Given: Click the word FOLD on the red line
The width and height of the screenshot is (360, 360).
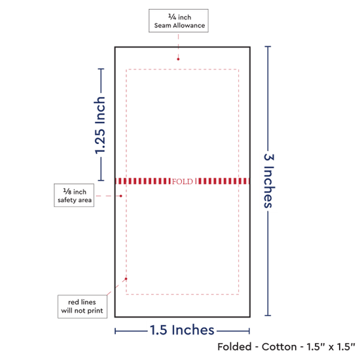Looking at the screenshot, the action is click(x=183, y=181).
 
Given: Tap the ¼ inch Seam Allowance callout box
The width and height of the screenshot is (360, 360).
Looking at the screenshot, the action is click(x=179, y=21).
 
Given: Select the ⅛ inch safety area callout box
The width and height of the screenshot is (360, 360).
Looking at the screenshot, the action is click(x=74, y=195).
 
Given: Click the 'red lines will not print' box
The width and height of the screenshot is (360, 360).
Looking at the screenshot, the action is click(x=82, y=306).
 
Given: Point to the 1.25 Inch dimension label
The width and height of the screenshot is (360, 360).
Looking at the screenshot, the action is click(x=100, y=125).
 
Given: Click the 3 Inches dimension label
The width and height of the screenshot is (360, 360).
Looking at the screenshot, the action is click(x=269, y=181).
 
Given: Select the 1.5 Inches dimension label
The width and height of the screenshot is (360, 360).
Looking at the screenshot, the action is click(x=182, y=330).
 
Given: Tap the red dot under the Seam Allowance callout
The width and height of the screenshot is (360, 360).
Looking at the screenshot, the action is click(x=178, y=59).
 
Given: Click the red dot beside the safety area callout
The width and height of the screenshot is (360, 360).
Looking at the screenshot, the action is click(x=121, y=196).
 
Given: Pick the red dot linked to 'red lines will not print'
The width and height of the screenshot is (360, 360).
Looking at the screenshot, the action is click(x=126, y=279).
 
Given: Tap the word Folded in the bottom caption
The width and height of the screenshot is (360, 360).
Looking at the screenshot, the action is click(x=234, y=347).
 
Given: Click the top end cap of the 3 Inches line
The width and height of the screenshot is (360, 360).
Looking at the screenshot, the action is click(x=268, y=46).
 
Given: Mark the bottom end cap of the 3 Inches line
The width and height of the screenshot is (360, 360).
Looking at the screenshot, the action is click(x=268, y=315).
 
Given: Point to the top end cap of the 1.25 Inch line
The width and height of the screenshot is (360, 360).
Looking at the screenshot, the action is click(x=101, y=69).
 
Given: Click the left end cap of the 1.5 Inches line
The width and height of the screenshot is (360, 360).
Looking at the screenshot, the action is click(x=115, y=331).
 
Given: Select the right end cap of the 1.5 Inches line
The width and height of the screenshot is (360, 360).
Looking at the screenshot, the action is click(x=249, y=331).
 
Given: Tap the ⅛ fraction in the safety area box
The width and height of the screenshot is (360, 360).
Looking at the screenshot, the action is click(x=67, y=192).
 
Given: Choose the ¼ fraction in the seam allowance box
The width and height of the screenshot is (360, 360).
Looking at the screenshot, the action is click(x=172, y=17).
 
